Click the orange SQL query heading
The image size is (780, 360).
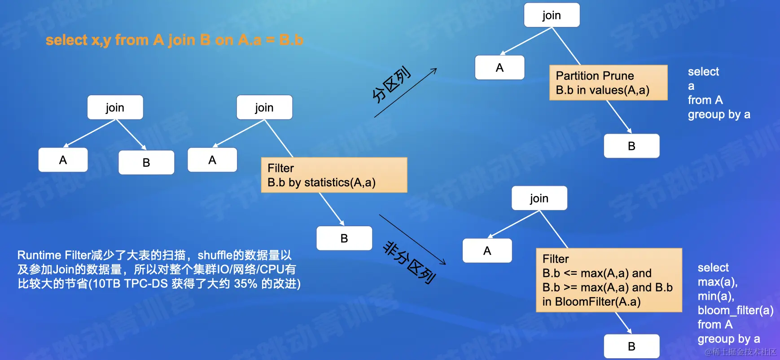pyautogui.click(x=174, y=40)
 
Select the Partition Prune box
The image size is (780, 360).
pyautogui.click(x=608, y=83)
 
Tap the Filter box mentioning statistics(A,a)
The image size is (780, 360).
pyautogui.click(x=334, y=175)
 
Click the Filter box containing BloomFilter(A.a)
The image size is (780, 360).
pyautogui.click(x=609, y=280)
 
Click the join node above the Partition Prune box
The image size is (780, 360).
pyautogui.click(x=552, y=15)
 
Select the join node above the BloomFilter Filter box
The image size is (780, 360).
pyautogui.click(x=539, y=198)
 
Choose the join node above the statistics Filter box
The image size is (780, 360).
pyautogui.click(x=264, y=108)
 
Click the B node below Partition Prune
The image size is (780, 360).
pyautogui.click(x=631, y=146)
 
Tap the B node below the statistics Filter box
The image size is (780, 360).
pyautogui.click(x=344, y=238)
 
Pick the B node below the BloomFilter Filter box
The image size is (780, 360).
pyautogui.click(x=631, y=347)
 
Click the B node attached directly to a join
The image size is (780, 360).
pyautogui.click(x=146, y=162)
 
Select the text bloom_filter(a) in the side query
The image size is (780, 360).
pyautogui.click(x=735, y=310)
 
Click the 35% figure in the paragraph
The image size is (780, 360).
pyautogui.click(x=245, y=284)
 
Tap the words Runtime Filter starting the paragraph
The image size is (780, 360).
pyautogui.click(x=54, y=255)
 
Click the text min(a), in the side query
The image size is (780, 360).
pyautogui.click(x=716, y=296)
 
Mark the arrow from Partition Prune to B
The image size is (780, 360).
pyautogui.click(x=619, y=117)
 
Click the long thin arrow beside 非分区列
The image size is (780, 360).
pyautogui.click(x=412, y=240)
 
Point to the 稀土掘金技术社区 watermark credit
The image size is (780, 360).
pyautogui.click(x=741, y=352)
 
